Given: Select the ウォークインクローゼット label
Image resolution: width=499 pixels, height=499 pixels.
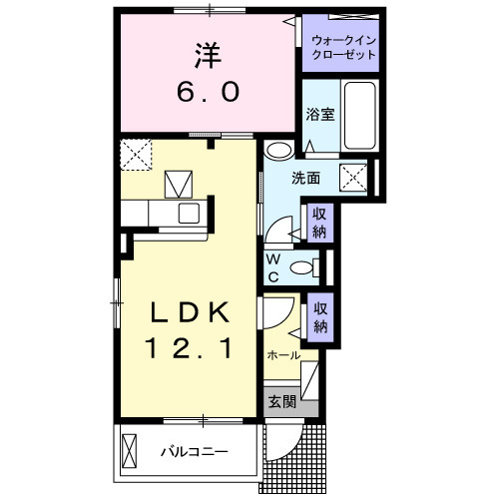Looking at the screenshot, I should point(344,47).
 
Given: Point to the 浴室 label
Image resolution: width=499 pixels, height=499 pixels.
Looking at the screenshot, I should point(319,115).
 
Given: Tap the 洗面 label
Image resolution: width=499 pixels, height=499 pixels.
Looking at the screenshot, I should point(305,179).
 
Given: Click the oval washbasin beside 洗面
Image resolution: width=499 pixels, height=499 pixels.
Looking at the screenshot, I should point(279,152).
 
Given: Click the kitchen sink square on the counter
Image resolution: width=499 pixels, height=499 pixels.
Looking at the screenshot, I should point(188,213).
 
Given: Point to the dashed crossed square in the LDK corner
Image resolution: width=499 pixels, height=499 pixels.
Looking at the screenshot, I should point(135,155).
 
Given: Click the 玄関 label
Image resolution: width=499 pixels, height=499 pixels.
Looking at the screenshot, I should point(280,402).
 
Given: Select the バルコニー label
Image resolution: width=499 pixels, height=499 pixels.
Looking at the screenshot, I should point(195,451).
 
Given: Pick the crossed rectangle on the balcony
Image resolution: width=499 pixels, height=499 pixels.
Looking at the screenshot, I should point(131,449).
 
